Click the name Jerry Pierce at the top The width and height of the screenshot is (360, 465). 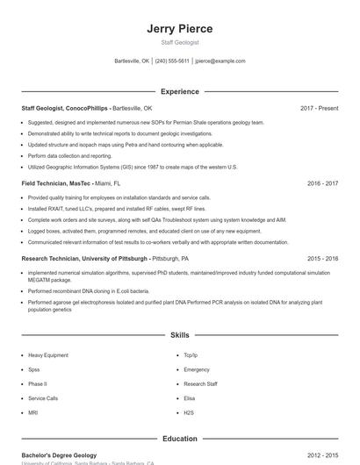click(x=179, y=28)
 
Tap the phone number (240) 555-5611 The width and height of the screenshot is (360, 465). click(x=172, y=61)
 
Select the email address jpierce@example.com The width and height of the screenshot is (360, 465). click(x=220, y=61)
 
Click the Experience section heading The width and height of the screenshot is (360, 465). click(x=180, y=91)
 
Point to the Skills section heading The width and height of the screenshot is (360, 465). click(x=180, y=335)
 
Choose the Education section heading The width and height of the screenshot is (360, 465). click(x=180, y=439)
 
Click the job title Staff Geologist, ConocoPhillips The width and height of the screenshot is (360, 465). click(x=65, y=108)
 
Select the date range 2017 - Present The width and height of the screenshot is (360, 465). click(x=319, y=108)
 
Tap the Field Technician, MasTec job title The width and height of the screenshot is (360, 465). click(x=56, y=183)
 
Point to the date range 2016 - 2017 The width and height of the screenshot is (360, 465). click(x=322, y=183)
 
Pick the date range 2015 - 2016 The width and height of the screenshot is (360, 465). click(x=322, y=259)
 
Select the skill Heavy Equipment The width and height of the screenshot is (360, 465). click(x=48, y=355)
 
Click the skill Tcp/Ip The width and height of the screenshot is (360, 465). click(x=191, y=355)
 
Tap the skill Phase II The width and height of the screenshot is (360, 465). click(x=38, y=383)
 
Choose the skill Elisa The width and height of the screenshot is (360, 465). click(x=190, y=397)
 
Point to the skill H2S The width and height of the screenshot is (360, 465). click(x=189, y=411)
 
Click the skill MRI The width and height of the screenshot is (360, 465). click(x=33, y=411)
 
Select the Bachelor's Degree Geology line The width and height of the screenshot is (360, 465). click(x=59, y=455)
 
